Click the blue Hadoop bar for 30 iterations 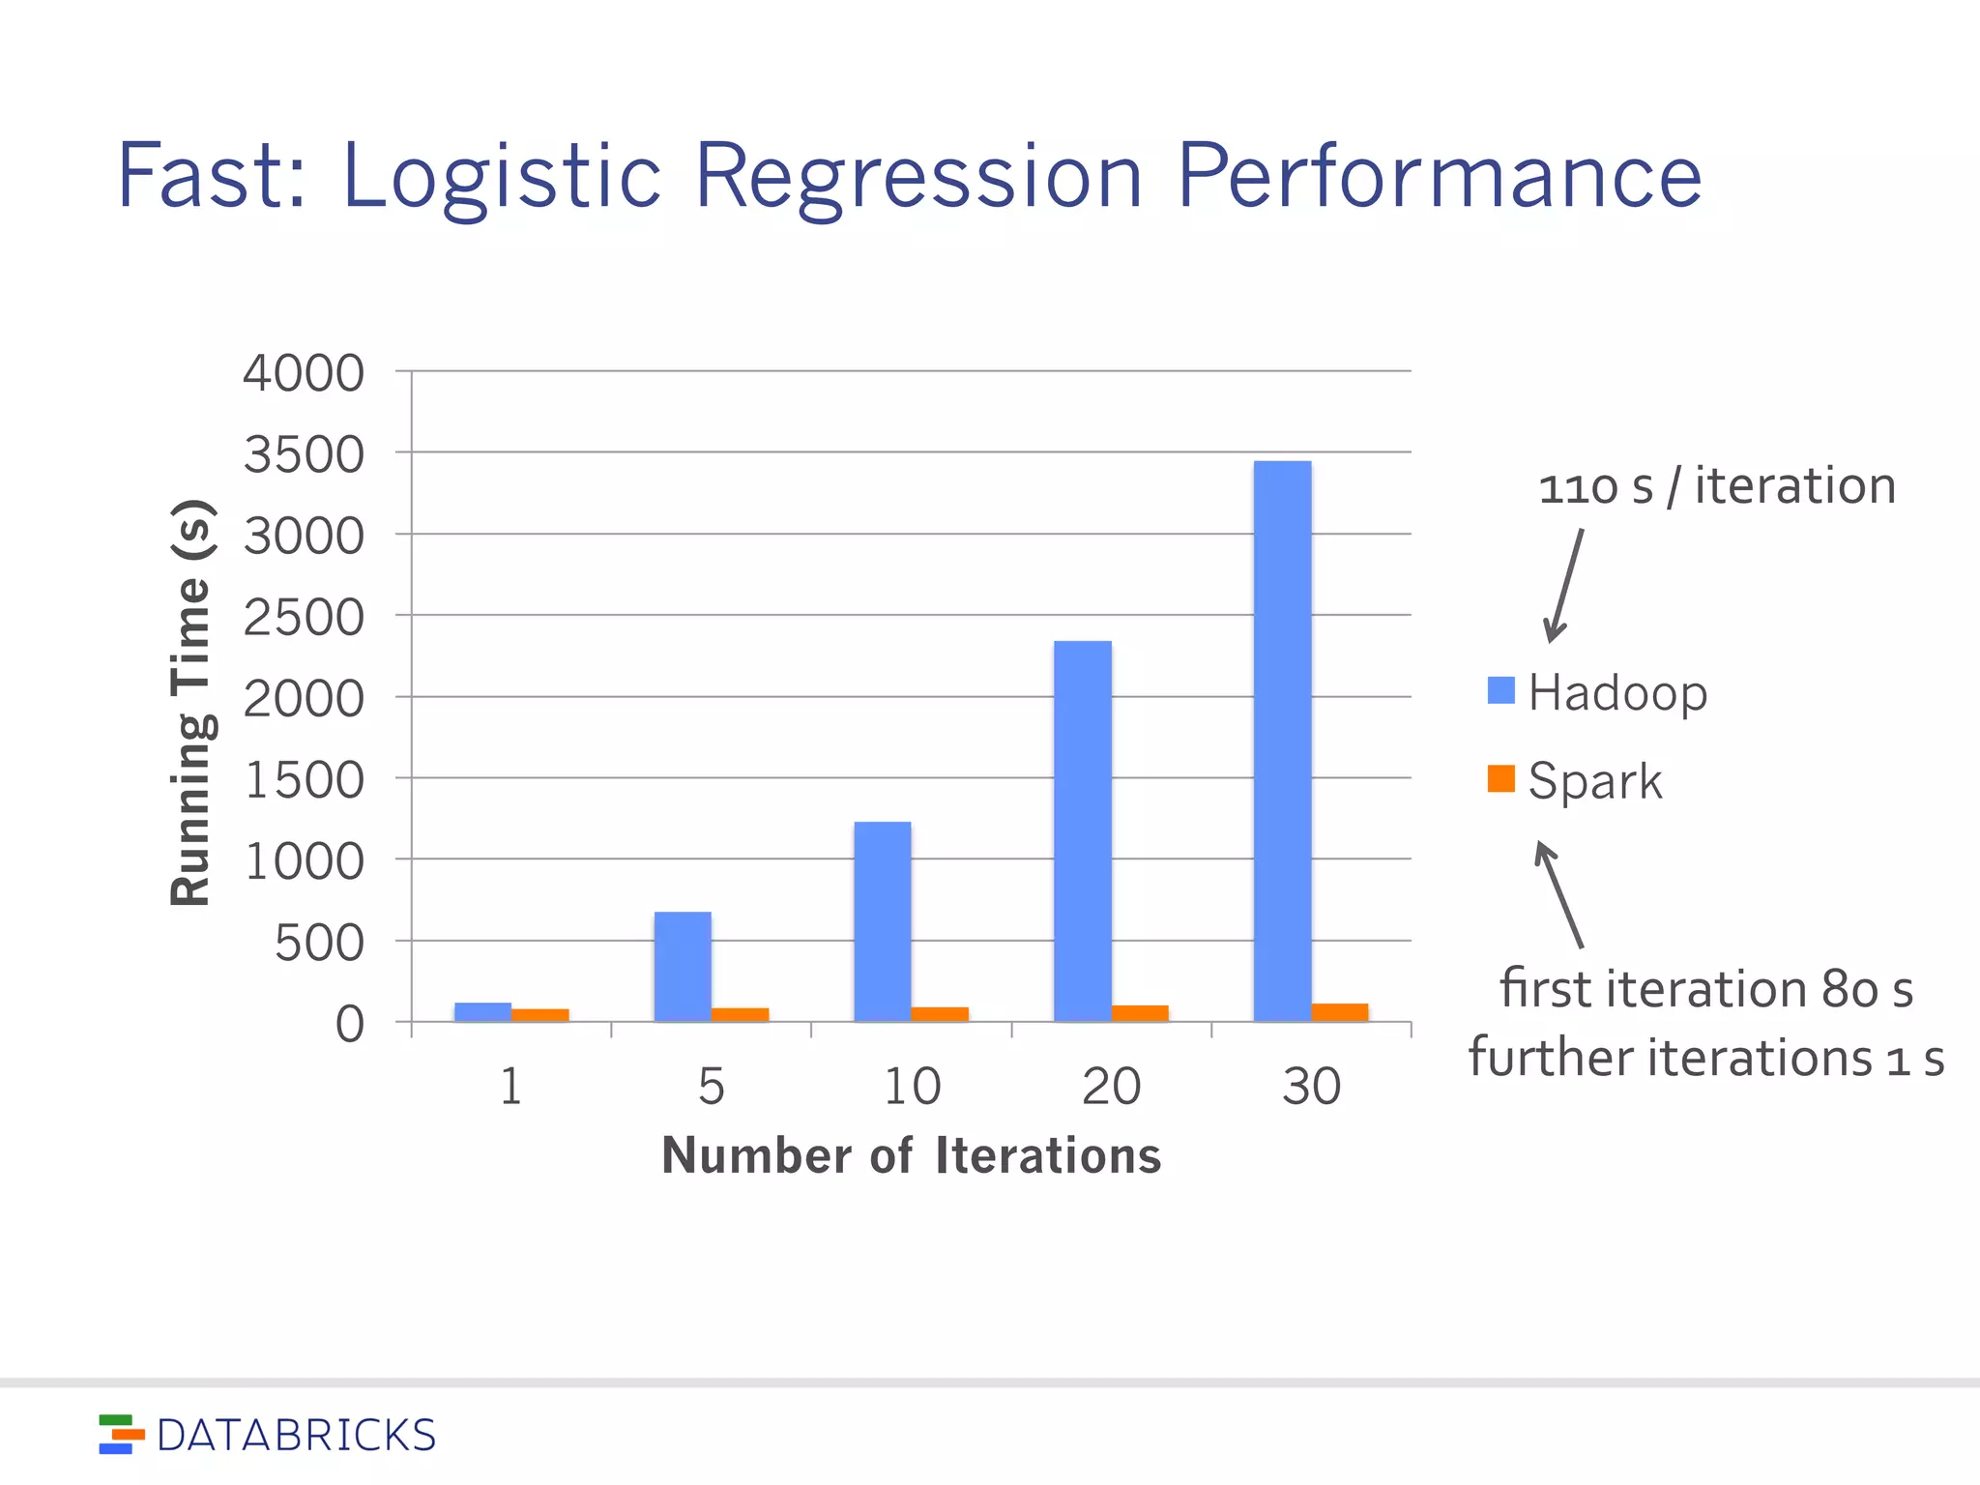pos(1282,741)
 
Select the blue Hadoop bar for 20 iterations pos(1082,830)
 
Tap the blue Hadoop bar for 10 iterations pos(882,920)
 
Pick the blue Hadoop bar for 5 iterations pos(683,966)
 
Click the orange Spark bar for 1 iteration pos(539,1014)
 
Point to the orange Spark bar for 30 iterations pos(1339,1011)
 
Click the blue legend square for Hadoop pos(1500,690)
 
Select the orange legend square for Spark pos(1500,778)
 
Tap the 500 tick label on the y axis pos(319,943)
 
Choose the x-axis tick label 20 pos(1111,1086)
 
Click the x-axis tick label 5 pos(711,1086)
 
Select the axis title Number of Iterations pos(911,1155)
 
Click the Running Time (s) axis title pos(190,703)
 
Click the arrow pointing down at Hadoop pos(1564,586)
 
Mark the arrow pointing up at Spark pos(1558,893)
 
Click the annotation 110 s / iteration pos(1716,485)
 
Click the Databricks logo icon pos(121,1435)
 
